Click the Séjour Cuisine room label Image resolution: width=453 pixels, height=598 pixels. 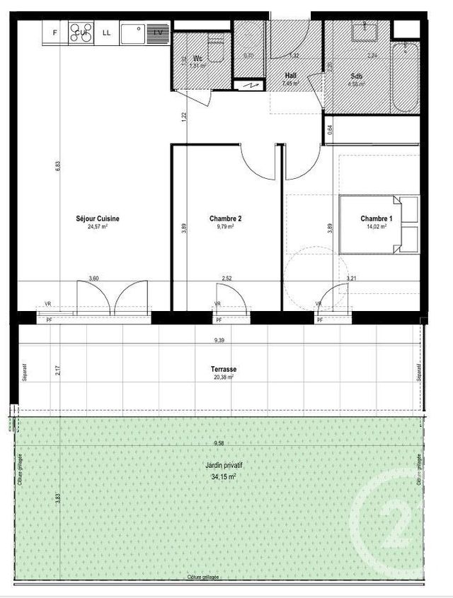coord(98,219)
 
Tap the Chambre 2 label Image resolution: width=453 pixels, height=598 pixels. coord(226,219)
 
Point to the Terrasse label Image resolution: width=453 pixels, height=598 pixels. coord(223,370)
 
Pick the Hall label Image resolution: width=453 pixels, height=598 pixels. coord(290,75)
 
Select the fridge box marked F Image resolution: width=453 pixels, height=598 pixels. coord(55,33)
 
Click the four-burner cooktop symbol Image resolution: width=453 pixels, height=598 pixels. coord(81,33)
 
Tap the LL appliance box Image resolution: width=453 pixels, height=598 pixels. coord(107,33)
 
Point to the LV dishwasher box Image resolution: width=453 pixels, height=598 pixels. coord(159,33)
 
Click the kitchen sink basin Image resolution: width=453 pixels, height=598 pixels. coord(132,32)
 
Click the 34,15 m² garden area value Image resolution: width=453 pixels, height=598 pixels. coord(222,476)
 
